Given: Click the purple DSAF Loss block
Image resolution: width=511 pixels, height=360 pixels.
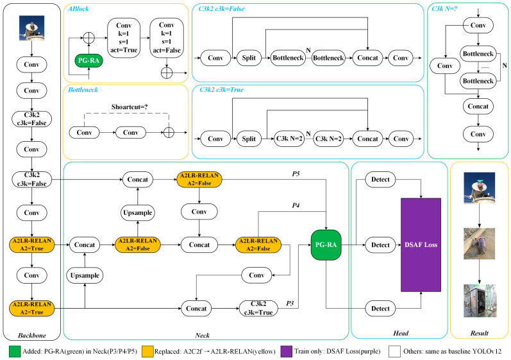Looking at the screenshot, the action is point(421,244).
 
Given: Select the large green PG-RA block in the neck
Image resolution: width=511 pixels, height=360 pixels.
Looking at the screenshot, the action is point(326,245).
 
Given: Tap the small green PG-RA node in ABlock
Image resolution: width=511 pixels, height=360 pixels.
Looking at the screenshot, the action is point(88,60).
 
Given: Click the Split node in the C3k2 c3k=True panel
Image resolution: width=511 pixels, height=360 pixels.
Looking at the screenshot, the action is point(249,139).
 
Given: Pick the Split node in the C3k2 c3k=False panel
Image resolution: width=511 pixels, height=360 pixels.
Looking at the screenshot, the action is point(249,58).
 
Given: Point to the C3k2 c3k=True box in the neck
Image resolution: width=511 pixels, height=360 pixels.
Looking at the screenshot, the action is point(258,308).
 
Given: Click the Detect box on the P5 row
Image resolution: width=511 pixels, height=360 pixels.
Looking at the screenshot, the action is point(380,179).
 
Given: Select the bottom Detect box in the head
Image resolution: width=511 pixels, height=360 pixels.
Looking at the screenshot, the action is point(380,309).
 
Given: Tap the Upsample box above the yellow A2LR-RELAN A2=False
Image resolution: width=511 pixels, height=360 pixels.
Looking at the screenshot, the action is point(137,212).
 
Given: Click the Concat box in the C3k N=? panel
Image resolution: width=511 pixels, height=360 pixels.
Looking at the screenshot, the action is point(478,107).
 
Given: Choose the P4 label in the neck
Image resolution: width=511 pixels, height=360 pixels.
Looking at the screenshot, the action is point(296,205).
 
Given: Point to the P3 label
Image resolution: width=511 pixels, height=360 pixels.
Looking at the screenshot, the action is point(290,304).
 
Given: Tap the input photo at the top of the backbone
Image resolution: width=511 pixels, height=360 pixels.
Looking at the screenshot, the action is point(31,28).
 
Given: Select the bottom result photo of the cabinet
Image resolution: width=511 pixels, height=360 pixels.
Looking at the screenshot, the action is point(479,301).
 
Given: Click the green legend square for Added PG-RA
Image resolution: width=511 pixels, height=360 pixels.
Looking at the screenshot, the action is point(15,352).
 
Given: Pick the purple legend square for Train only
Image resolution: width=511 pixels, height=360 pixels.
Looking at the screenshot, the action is point(286,352).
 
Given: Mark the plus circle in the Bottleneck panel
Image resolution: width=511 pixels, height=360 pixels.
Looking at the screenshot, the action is point(169,132).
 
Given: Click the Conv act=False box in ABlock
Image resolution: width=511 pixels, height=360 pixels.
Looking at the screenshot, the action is point(167,38).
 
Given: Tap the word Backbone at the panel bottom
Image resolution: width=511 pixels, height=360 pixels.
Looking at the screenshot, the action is point(32,335).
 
